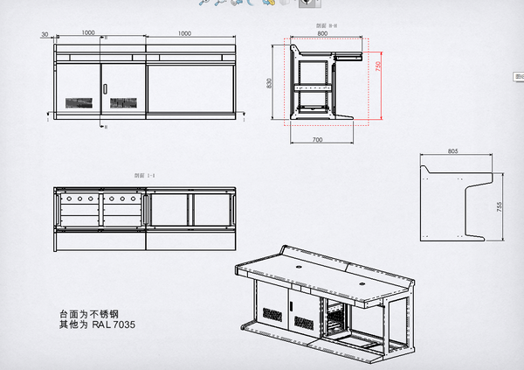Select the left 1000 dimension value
pyautogui.click(x=88, y=32)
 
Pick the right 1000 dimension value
pyautogui.click(x=184, y=32)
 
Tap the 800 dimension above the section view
pyautogui.click(x=322, y=34)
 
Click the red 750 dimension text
pyautogui.click(x=378, y=66)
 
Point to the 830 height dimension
pyautogui.click(x=271, y=81)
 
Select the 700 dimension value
pyautogui.click(x=316, y=139)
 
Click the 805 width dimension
pyautogui.click(x=452, y=151)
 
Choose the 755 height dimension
pyautogui.click(x=500, y=206)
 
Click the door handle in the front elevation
pyautogui.click(x=106, y=88)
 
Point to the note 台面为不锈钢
pyautogui.click(x=86, y=314)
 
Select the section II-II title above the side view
pyautogui.click(x=327, y=26)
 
